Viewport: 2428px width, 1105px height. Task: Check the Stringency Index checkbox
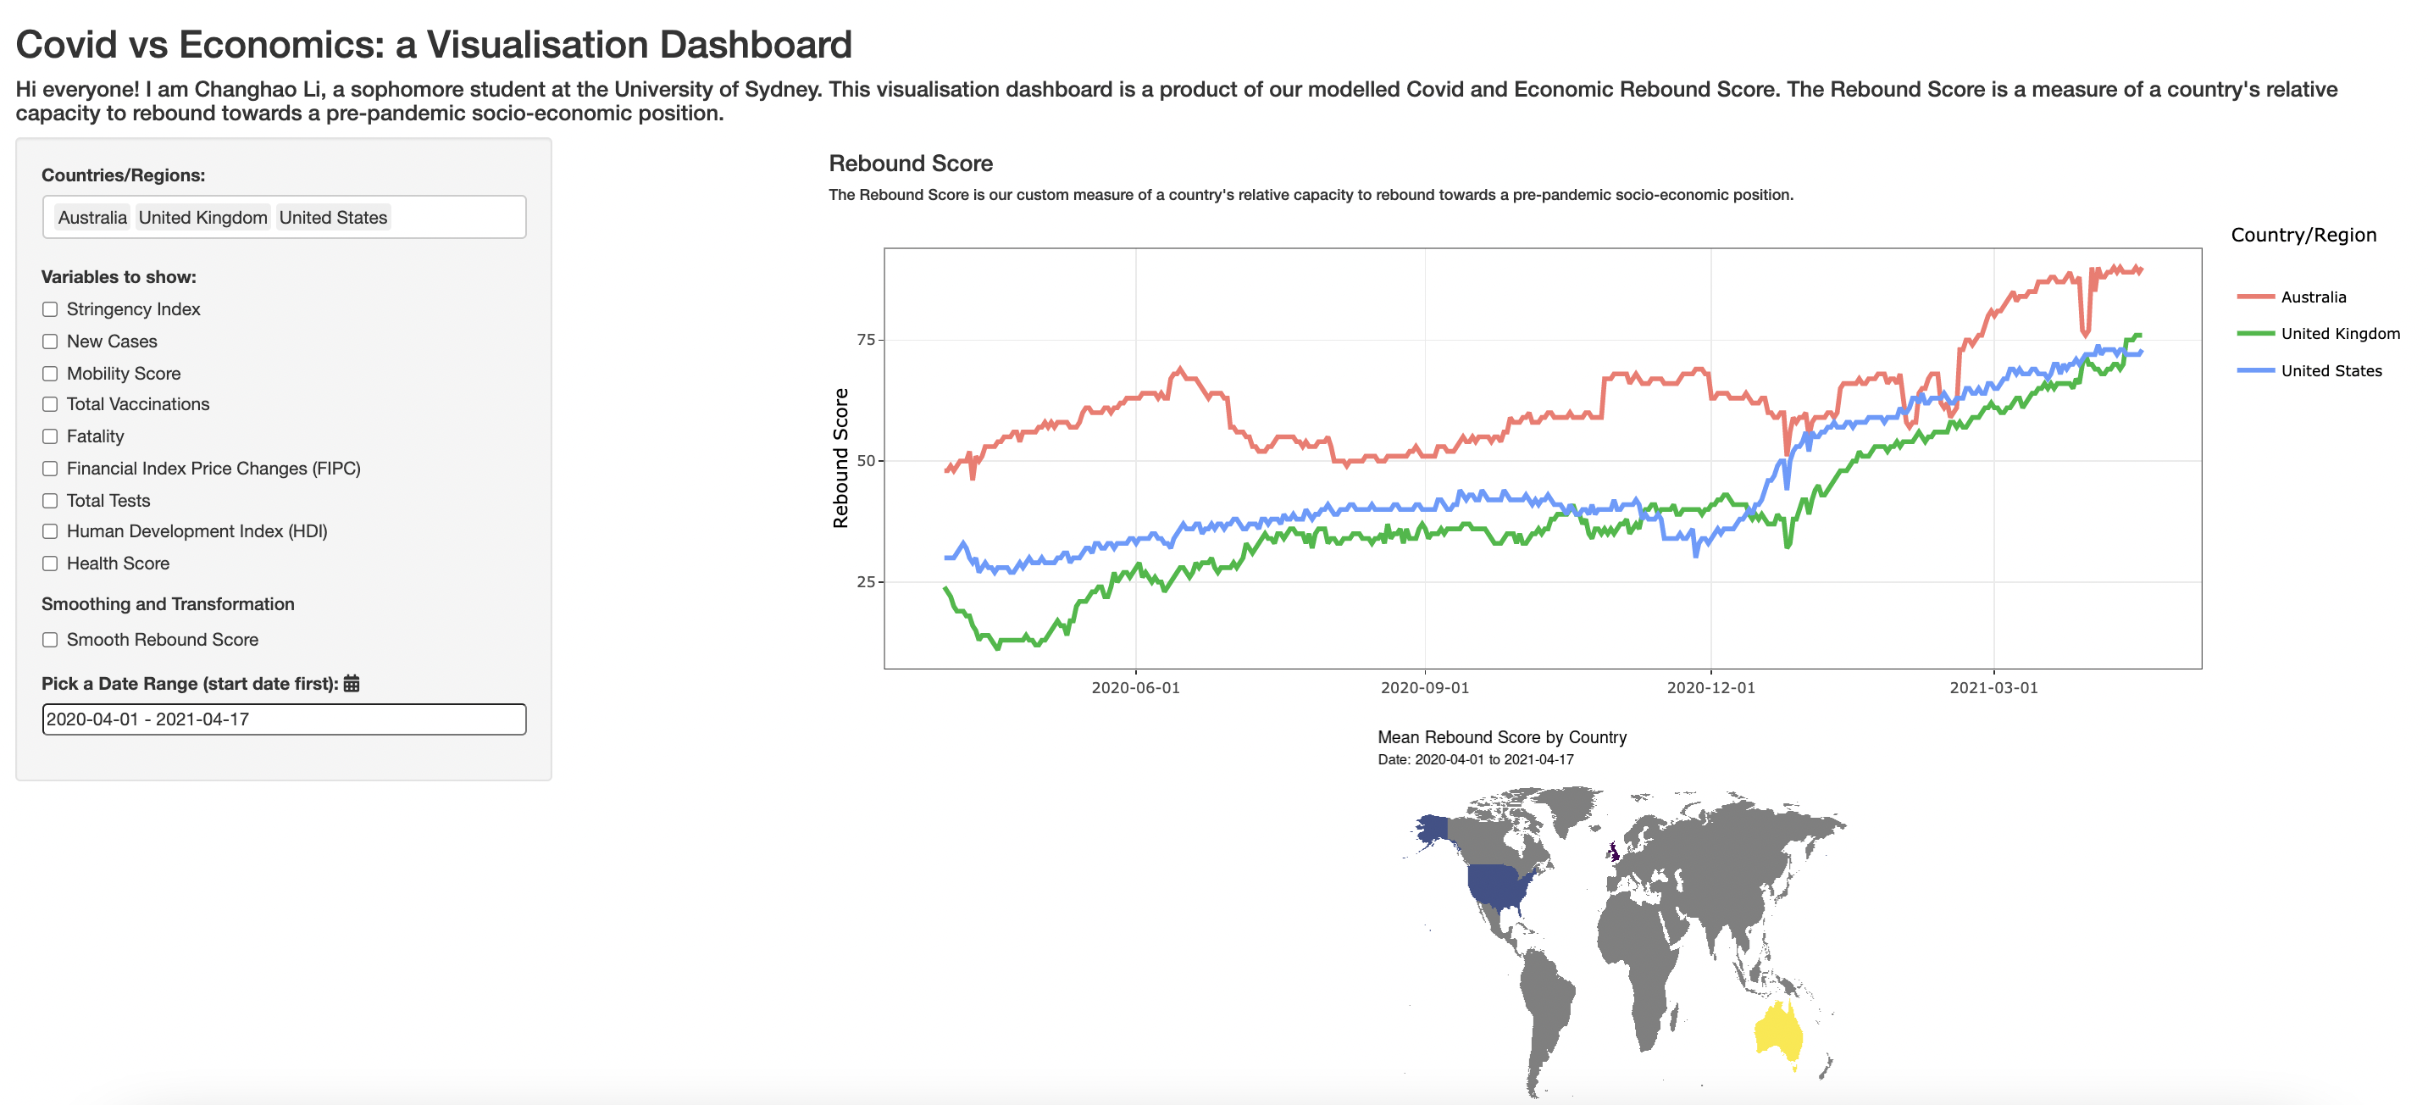(50, 309)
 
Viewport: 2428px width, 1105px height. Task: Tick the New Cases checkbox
(50, 341)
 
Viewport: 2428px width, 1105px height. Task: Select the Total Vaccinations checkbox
(50, 404)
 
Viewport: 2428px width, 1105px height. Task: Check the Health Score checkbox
(50, 564)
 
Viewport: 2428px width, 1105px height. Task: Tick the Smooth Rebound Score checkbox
(50, 640)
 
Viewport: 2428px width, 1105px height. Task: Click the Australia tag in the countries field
(92, 218)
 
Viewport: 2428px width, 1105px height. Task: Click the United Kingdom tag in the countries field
(202, 218)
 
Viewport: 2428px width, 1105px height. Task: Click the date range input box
(284, 719)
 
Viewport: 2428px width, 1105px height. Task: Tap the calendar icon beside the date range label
(352, 684)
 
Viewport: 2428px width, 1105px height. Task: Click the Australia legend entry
(2312, 297)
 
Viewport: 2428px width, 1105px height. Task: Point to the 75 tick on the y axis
(865, 340)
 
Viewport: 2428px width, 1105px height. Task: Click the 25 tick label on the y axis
(865, 581)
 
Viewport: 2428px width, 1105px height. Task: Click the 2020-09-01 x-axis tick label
(1424, 688)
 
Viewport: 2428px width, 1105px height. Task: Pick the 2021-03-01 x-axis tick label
(1993, 688)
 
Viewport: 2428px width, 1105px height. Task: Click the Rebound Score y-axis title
(840, 458)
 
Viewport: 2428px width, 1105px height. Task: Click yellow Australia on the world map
(1777, 1032)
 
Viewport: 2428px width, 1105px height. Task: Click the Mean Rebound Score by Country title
(1501, 737)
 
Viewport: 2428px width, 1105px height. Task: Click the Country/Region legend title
(2303, 236)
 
